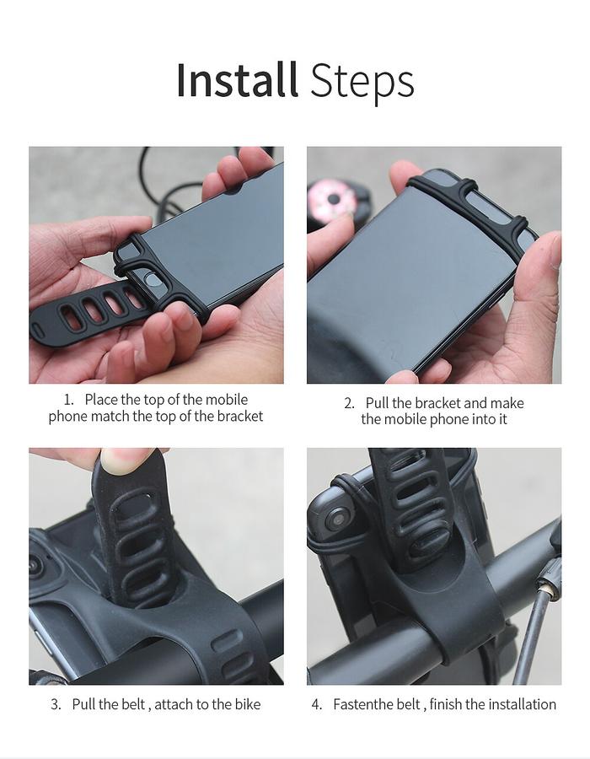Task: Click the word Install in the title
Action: (x=237, y=80)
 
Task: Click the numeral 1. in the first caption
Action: (x=68, y=400)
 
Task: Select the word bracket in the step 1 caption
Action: (x=240, y=417)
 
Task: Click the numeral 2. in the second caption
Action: (x=349, y=403)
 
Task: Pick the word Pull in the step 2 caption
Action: (x=378, y=403)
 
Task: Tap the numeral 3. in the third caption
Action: (x=56, y=704)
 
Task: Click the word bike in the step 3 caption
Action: (x=248, y=704)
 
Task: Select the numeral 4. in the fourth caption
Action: (x=317, y=704)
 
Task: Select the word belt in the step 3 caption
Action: (x=133, y=704)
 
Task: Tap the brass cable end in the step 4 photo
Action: (x=548, y=589)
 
